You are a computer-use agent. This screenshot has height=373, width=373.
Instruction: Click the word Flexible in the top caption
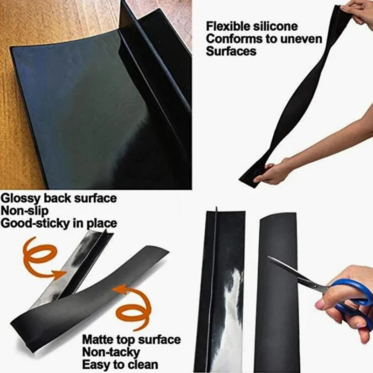[227, 26]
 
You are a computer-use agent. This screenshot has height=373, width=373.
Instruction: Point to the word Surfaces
[231, 51]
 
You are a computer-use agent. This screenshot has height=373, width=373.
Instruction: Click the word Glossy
[20, 198]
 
